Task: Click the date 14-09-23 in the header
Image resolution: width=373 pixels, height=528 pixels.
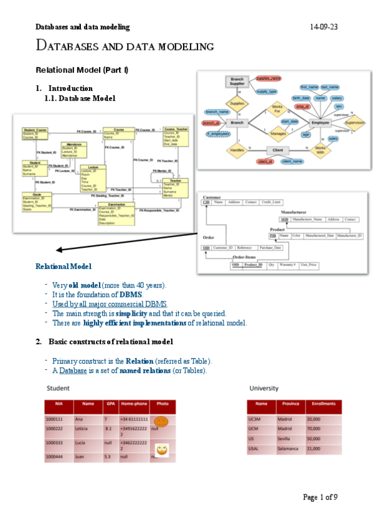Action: coord(324,27)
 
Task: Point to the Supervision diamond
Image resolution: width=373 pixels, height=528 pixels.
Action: coord(354,123)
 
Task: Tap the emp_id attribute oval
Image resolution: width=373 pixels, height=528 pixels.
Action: coord(303,107)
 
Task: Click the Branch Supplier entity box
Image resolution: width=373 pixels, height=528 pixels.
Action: coord(237,82)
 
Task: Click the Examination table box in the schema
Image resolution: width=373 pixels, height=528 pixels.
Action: coord(116,213)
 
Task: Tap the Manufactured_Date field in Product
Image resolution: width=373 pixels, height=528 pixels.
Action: coord(321,236)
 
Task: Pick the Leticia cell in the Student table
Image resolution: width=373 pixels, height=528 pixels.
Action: coord(82,429)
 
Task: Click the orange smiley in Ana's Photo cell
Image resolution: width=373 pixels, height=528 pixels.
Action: coord(161,421)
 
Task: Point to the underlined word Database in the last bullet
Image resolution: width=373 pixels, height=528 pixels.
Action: coord(73,371)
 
